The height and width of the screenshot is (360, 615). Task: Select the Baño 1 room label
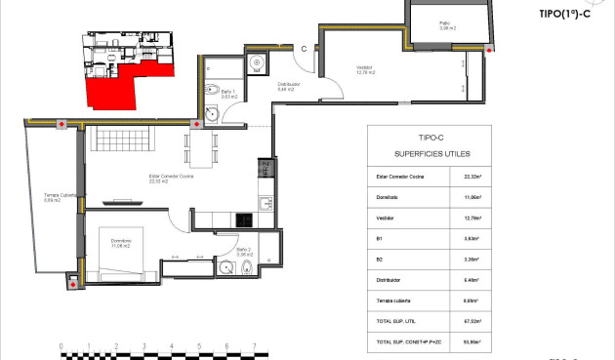pos(229,96)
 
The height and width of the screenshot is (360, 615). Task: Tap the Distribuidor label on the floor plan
pos(288,86)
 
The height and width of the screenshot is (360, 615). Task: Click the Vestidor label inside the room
pos(365,69)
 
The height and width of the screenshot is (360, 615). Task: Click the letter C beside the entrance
pos(304,48)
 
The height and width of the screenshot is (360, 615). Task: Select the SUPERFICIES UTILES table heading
pos(429,154)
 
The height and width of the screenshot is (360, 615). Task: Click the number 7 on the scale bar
pos(255,345)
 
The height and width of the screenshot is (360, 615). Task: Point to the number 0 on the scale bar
pos(61,345)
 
